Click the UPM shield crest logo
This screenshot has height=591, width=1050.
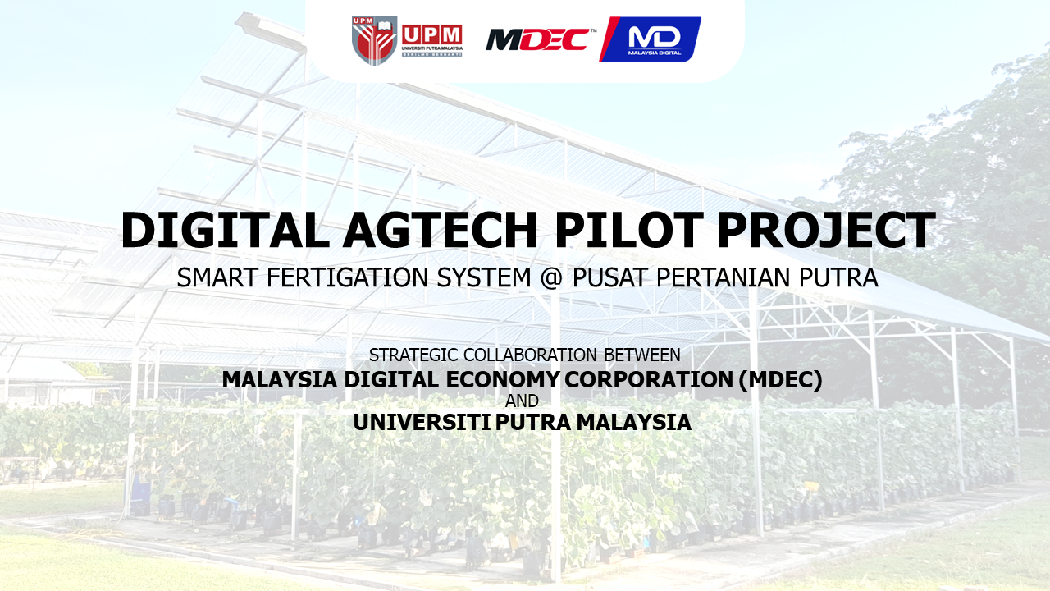tap(375, 40)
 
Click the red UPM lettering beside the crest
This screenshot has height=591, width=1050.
tap(431, 35)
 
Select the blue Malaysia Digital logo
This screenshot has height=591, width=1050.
tap(651, 39)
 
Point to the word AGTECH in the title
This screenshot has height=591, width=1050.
tap(440, 231)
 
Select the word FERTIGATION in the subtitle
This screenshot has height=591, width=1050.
tap(347, 277)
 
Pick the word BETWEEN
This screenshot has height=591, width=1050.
tap(642, 355)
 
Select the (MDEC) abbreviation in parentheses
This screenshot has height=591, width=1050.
tap(780, 380)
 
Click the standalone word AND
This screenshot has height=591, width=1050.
tap(523, 401)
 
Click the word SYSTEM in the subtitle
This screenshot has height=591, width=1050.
tap(484, 277)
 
